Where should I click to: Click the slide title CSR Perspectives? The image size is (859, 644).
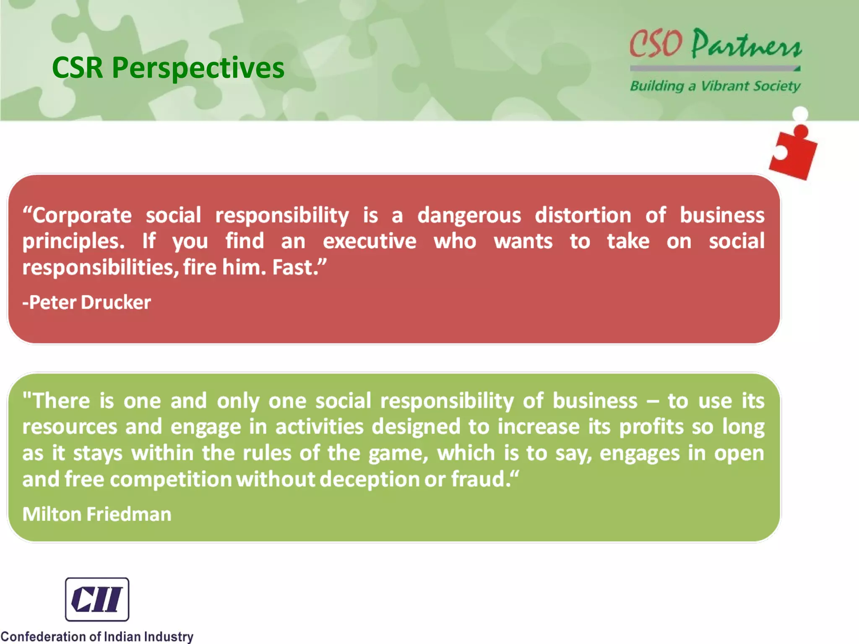168,68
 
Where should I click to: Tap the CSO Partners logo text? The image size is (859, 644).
715,44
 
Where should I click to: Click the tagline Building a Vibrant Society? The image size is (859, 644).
715,86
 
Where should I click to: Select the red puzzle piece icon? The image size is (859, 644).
793,153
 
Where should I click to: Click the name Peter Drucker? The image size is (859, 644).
87,302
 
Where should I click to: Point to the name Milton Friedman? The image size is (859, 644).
97,514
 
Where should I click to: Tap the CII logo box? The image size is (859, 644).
97,599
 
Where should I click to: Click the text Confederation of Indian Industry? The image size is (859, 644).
97,636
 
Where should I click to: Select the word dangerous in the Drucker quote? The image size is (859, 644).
469,216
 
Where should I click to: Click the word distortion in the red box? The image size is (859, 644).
583,215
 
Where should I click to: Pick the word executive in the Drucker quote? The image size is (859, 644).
370,241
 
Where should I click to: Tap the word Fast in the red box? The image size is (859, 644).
295,267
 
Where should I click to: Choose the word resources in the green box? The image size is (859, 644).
70,427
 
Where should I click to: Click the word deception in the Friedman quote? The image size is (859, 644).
370,480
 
